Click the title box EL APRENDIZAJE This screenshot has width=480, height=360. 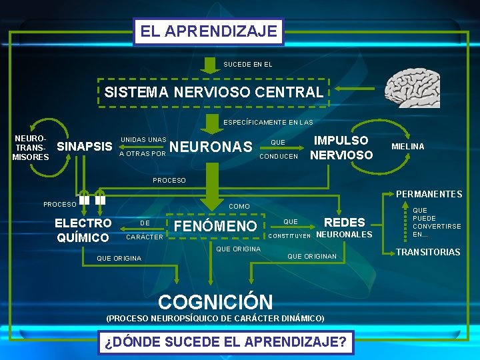(209, 31)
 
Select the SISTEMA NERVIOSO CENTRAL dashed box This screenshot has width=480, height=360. (213, 93)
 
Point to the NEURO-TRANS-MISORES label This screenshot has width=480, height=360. (31, 147)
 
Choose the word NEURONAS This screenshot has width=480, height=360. (211, 147)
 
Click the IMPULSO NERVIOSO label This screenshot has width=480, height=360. (341, 147)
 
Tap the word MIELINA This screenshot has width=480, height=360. (407, 146)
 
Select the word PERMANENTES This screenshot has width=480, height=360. (429, 194)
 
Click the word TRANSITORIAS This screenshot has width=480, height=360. (429, 252)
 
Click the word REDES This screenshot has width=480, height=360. (344, 223)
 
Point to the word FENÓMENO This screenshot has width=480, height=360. (215, 227)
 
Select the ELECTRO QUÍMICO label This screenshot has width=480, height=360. (83, 230)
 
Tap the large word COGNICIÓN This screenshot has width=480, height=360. (215, 302)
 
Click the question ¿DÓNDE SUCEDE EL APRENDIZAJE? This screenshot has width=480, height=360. (225, 343)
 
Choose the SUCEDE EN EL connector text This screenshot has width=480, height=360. (248, 65)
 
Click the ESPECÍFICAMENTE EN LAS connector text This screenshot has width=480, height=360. (267, 123)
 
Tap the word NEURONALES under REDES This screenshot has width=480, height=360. (343, 235)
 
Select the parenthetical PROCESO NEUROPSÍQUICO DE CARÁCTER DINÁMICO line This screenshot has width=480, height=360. (215, 318)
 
